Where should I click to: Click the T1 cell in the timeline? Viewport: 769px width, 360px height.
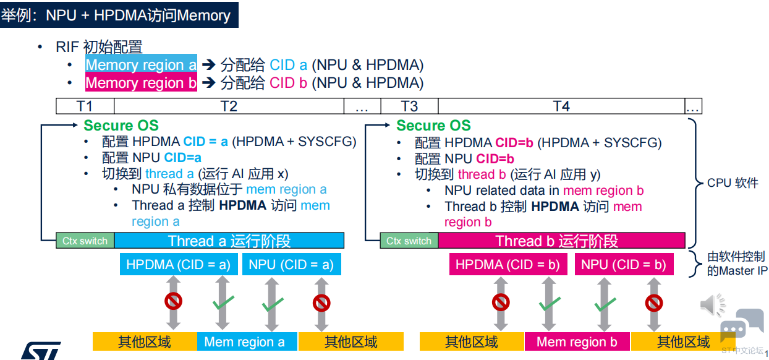point(85,106)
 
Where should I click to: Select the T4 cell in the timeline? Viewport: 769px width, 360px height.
point(561,106)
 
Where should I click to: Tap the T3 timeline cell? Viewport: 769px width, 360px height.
point(409,106)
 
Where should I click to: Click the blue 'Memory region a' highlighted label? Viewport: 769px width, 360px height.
point(141,64)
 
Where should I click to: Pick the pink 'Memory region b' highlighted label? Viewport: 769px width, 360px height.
point(141,82)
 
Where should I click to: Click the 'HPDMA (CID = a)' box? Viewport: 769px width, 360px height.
point(179,264)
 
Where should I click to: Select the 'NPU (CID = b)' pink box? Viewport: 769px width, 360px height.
point(624,264)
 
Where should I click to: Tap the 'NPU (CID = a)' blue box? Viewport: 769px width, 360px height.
point(291,264)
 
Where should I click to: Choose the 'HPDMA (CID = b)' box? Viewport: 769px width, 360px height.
point(508,264)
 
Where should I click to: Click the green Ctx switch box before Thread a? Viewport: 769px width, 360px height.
point(85,241)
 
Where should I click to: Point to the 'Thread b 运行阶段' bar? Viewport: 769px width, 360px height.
point(562,241)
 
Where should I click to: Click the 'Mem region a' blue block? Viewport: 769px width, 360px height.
point(247,341)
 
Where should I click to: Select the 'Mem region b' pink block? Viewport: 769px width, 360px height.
point(577,341)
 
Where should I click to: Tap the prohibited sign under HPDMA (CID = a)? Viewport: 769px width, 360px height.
point(173,301)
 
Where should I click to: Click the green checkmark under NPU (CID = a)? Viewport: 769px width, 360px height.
point(273,304)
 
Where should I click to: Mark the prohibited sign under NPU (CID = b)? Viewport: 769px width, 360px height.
point(653,303)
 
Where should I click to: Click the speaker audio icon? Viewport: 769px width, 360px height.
point(713,304)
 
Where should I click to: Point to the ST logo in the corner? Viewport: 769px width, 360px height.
point(41,351)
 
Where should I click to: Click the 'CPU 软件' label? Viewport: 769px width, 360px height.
point(733,182)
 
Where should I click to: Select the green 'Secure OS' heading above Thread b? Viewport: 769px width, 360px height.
point(433,126)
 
